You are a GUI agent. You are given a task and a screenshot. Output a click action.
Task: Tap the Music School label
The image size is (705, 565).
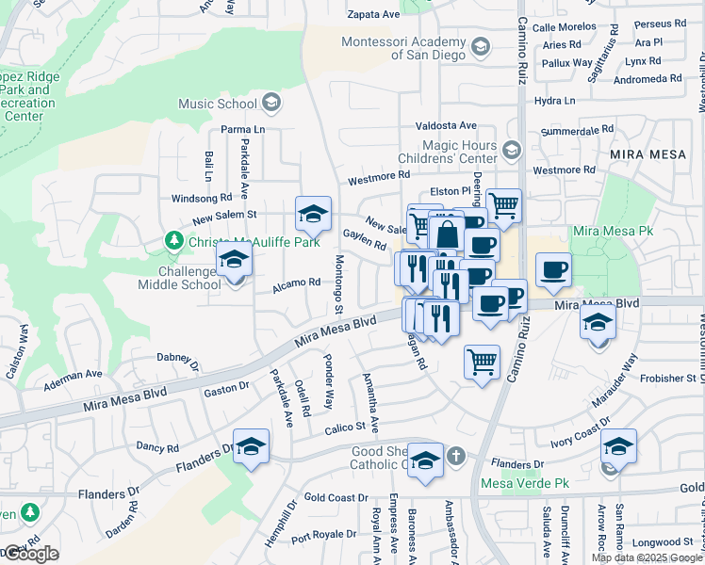click(218, 104)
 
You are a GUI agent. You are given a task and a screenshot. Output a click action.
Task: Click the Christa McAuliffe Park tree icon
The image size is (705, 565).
click(173, 242)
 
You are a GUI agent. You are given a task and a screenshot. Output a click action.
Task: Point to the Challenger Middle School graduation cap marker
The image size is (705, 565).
click(234, 263)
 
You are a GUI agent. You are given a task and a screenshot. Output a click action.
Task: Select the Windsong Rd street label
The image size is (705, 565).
click(201, 199)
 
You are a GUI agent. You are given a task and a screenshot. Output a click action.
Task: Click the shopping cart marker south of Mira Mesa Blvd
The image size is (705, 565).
click(482, 361)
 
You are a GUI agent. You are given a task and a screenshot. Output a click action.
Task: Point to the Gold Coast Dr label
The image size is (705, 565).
click(336, 497)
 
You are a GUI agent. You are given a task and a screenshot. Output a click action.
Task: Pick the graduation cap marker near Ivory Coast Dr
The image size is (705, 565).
click(618, 445)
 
